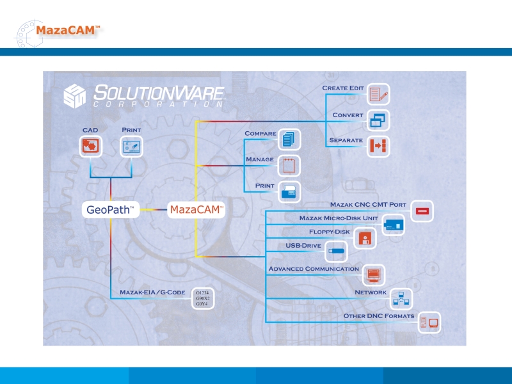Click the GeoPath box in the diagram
(111, 209)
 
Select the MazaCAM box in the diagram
(196, 209)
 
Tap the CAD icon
(90, 146)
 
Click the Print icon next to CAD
(132, 146)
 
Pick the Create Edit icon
(378, 95)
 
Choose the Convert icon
(378, 120)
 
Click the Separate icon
(378, 147)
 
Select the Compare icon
(289, 138)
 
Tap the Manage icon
(289, 165)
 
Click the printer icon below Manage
(289, 191)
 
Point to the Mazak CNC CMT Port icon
(422, 211)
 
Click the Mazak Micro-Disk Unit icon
(393, 225)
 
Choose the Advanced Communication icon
(374, 275)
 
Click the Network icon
(401, 298)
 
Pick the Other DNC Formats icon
(429, 323)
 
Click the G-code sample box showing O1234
(203, 299)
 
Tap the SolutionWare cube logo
(75, 96)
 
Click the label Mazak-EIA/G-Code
(152, 292)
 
